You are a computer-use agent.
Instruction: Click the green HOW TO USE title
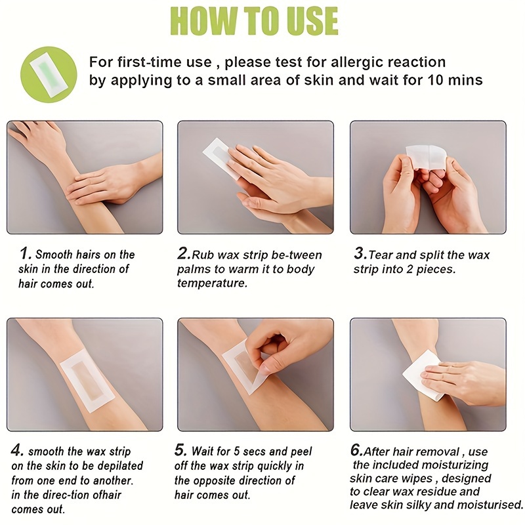[x=255, y=22]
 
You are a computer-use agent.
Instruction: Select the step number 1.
[x=25, y=253]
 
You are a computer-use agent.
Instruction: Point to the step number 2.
[x=184, y=253]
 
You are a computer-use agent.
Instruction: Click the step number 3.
[x=360, y=253]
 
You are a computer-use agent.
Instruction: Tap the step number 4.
[x=18, y=451]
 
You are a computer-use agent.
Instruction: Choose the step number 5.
[x=181, y=451]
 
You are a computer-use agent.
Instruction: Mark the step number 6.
[x=356, y=451]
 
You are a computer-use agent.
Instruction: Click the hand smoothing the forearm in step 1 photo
[x=106, y=181]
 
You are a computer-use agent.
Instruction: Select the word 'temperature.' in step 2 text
[x=212, y=283]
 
